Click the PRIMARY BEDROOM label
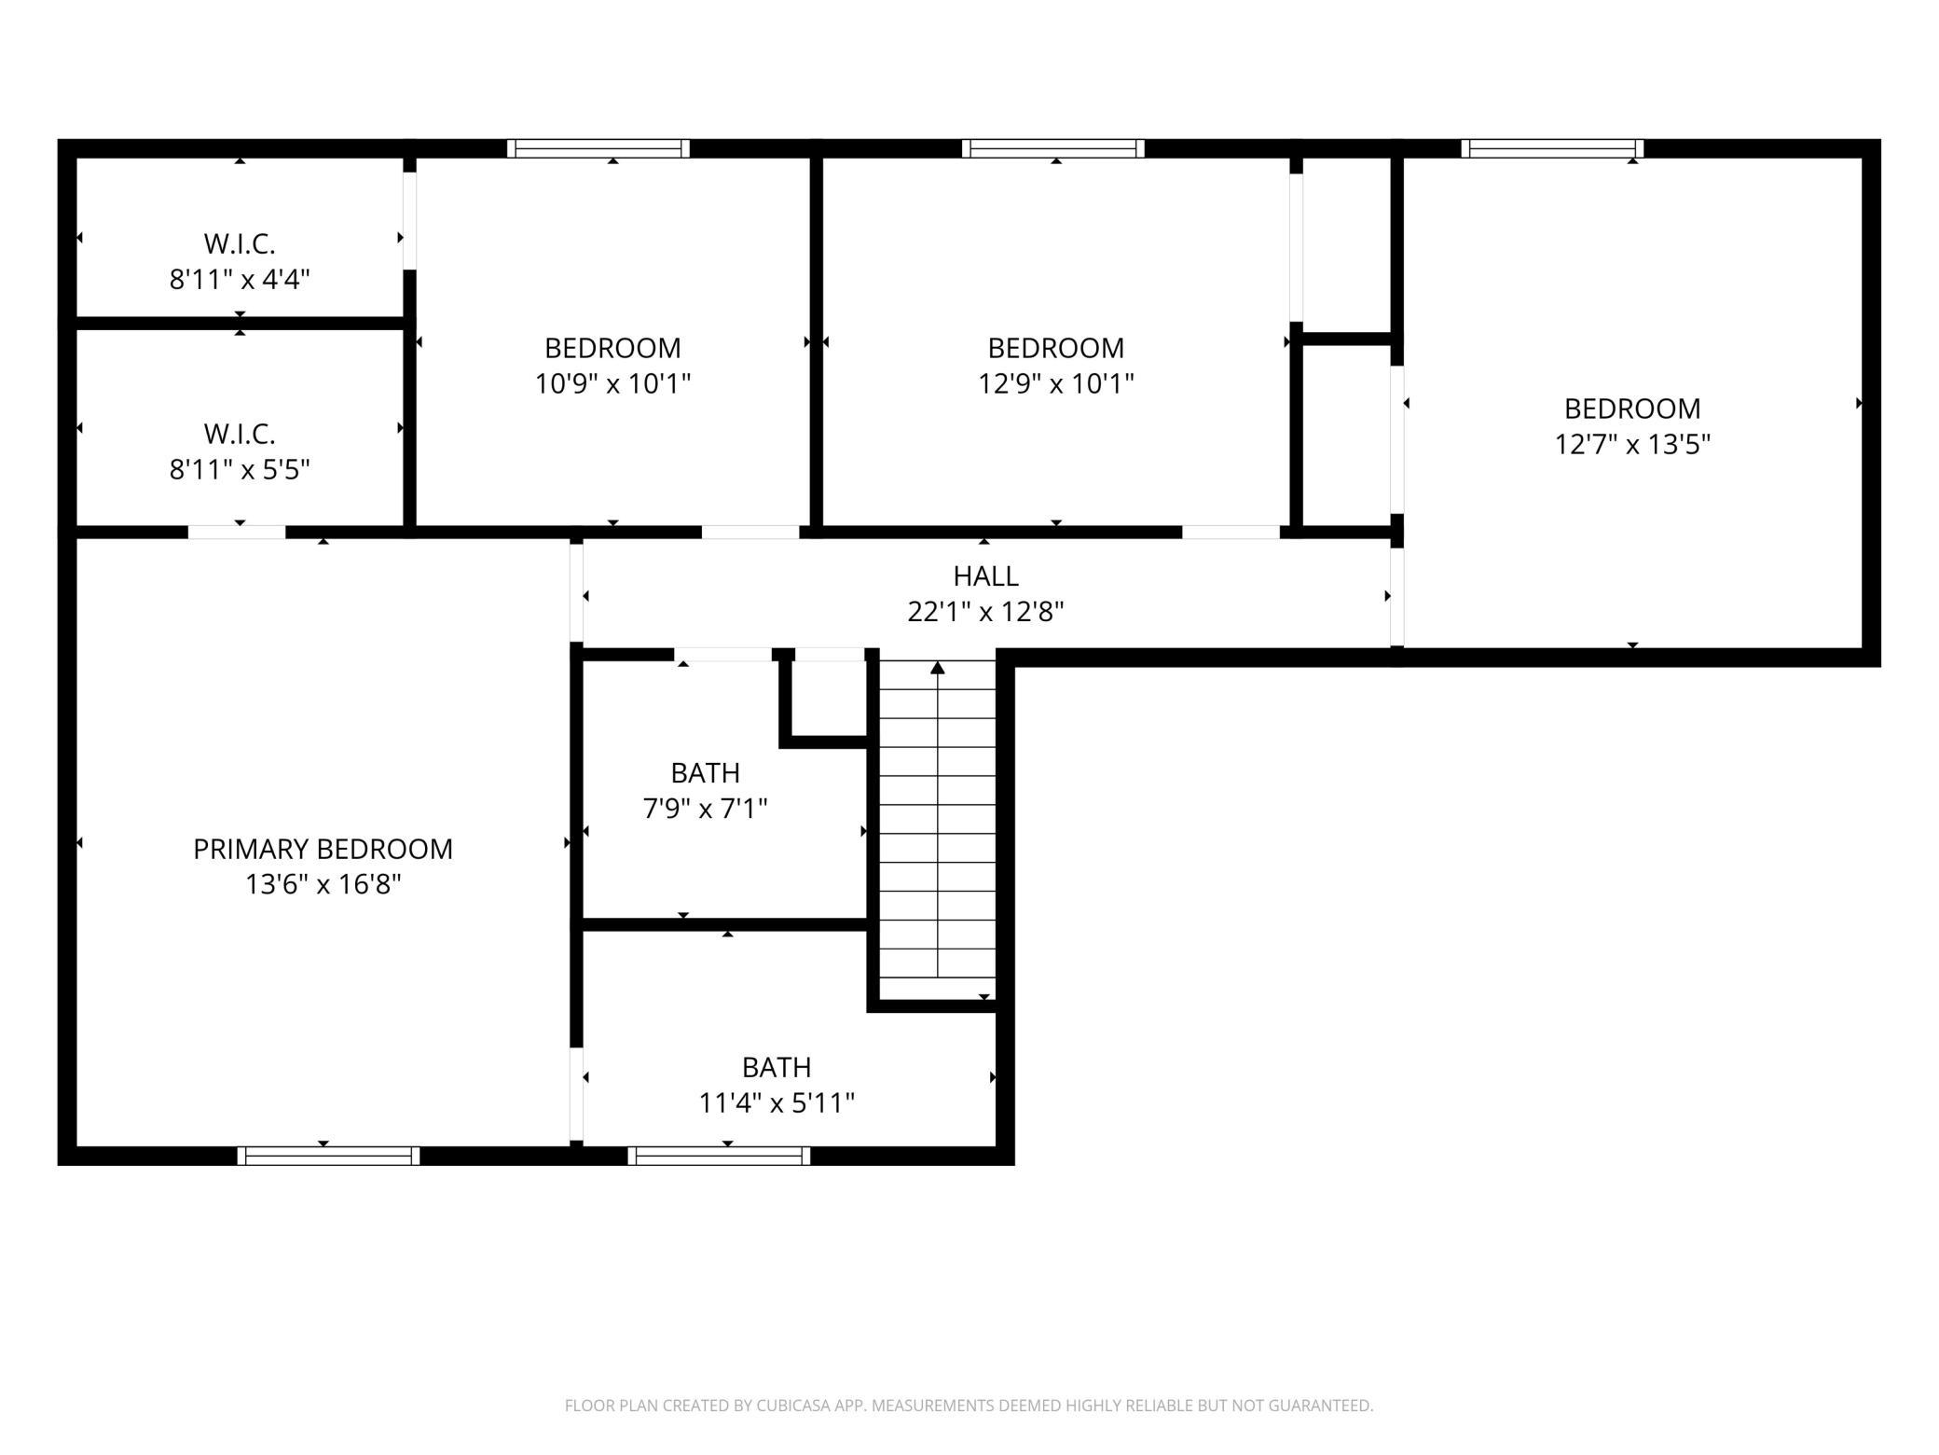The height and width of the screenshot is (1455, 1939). [323, 849]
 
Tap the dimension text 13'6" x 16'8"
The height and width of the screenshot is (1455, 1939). [323, 884]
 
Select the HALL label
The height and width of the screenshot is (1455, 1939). [985, 576]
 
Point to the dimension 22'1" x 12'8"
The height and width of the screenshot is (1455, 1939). [985, 612]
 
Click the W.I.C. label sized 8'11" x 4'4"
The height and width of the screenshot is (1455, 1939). [240, 244]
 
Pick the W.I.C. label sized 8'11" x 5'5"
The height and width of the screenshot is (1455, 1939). [240, 435]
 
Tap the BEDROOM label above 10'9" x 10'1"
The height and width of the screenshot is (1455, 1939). [612, 348]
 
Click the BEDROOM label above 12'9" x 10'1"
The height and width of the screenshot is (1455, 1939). [1055, 348]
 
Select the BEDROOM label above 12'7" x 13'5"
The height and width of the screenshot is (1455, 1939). [1632, 409]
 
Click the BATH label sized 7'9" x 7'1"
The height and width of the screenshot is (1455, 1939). [706, 773]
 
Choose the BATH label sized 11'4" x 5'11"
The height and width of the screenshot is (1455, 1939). [777, 1067]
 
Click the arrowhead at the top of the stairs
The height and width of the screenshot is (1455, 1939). [938, 667]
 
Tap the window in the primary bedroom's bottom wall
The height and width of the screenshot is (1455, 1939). [328, 1156]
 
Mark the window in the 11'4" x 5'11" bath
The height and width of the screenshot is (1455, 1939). [719, 1156]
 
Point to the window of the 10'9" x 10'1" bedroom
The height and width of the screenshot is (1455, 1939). [598, 148]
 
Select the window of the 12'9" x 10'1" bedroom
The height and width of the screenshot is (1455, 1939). [1053, 148]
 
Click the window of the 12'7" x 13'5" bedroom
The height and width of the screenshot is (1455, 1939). [1552, 148]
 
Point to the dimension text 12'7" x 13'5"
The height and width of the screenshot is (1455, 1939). [1632, 444]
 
